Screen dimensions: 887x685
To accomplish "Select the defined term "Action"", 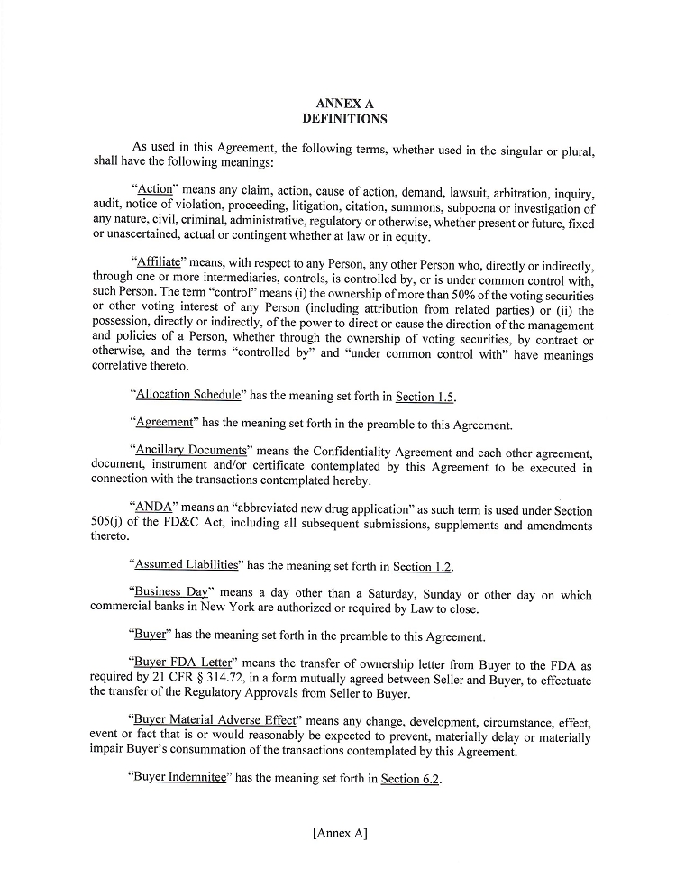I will coord(154,191).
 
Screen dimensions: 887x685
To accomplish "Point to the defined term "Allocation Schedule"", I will coord(187,395).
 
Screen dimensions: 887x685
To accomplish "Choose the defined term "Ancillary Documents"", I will coord(190,450).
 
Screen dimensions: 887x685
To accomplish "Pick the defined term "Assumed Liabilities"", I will coord(186,565).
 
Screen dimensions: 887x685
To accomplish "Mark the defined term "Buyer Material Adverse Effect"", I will coord(216,720).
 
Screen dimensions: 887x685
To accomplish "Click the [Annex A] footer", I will coord(340,834).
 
